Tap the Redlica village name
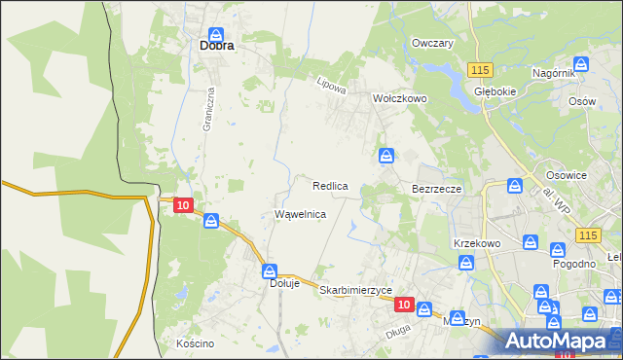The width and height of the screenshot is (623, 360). pyautogui.click(x=330, y=185)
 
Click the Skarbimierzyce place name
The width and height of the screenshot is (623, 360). pyautogui.click(x=355, y=290)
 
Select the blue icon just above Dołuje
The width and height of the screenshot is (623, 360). pyautogui.click(x=270, y=270)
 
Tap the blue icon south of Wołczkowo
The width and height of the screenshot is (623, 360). pyautogui.click(x=386, y=156)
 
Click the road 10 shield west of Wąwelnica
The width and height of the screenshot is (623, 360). pyautogui.click(x=182, y=205)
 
